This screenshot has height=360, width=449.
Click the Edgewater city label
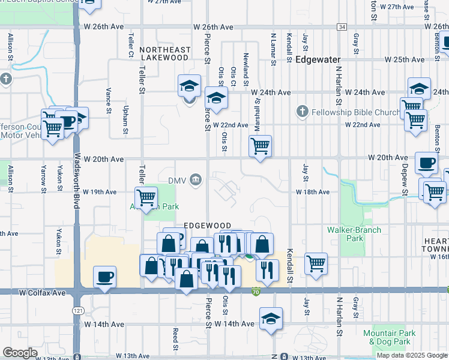(318, 60)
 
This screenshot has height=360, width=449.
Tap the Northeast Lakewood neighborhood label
(164, 54)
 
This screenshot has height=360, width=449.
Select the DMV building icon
(196, 179)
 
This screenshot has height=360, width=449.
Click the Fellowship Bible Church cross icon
(302, 112)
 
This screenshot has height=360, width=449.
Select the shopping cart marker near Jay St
(316, 263)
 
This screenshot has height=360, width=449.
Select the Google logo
(20, 353)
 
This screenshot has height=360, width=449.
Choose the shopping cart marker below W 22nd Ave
(260, 146)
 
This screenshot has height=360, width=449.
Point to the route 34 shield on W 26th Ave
(342, 27)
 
